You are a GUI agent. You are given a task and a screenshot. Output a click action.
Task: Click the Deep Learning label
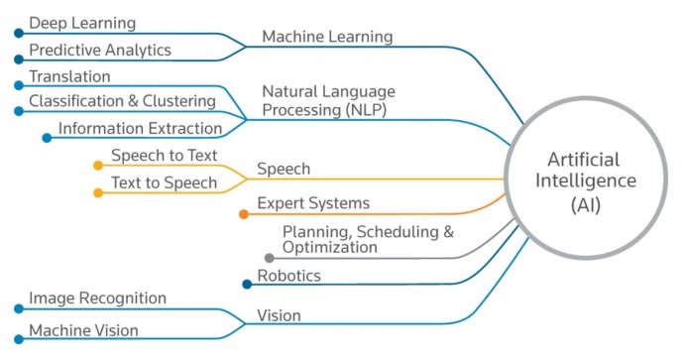tap(82, 22)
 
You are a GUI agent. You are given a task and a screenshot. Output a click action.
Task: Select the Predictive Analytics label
tap(99, 49)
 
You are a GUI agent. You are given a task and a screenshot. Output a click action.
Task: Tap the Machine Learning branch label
tap(327, 37)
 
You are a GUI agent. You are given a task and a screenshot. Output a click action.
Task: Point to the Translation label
tap(69, 75)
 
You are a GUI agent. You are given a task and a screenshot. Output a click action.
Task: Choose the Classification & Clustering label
tap(122, 100)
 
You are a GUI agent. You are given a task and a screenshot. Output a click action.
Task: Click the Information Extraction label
tap(140, 128)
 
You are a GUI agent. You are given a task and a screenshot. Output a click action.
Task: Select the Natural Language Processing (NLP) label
tap(328, 100)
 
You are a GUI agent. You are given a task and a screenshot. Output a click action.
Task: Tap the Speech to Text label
tap(165, 156)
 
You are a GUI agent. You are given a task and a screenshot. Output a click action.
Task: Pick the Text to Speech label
tap(165, 182)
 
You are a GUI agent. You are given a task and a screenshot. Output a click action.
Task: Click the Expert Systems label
tap(313, 203)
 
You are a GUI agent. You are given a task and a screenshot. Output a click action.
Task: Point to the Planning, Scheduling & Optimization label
tap(368, 239)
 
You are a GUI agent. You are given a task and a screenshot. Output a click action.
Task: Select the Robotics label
tap(289, 276)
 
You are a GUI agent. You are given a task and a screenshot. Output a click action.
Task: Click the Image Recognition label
tap(97, 298)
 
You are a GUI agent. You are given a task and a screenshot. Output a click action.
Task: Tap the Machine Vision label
tap(83, 330)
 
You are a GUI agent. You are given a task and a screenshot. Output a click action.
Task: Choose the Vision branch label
tap(279, 316)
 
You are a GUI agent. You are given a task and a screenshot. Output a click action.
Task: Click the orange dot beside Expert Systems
tap(244, 213)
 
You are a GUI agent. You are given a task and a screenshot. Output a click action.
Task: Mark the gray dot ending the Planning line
tap(269, 258)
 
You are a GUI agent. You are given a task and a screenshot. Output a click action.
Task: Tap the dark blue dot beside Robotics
tap(247, 285)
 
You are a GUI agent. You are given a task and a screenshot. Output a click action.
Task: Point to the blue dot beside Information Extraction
tap(47, 138)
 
